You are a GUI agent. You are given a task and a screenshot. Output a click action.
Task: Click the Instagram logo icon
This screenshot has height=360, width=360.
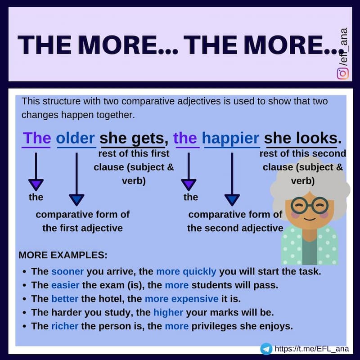pyautogui.click(x=343, y=72)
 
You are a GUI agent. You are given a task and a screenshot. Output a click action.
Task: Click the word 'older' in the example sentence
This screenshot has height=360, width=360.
pyautogui.click(x=76, y=138)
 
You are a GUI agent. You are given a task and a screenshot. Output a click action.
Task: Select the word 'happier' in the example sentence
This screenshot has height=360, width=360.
pyautogui.click(x=231, y=138)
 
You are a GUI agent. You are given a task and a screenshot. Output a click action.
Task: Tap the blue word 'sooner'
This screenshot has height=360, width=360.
pyautogui.click(x=67, y=272)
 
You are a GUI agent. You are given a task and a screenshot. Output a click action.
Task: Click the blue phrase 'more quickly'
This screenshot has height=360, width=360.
pyautogui.click(x=186, y=272)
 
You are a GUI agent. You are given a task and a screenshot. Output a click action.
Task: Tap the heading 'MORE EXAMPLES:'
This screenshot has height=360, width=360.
pyautogui.click(x=63, y=255)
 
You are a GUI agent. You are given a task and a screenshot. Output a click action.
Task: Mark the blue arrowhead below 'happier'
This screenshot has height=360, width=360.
pyautogui.click(x=232, y=199)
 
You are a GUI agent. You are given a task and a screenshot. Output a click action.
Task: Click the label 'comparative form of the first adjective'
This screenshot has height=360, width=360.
pyautogui.click(x=82, y=221)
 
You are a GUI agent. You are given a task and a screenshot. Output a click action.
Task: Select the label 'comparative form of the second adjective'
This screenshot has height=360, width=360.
pyautogui.click(x=235, y=221)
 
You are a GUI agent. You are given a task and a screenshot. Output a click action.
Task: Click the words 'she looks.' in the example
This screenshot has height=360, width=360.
pyautogui.click(x=303, y=138)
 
